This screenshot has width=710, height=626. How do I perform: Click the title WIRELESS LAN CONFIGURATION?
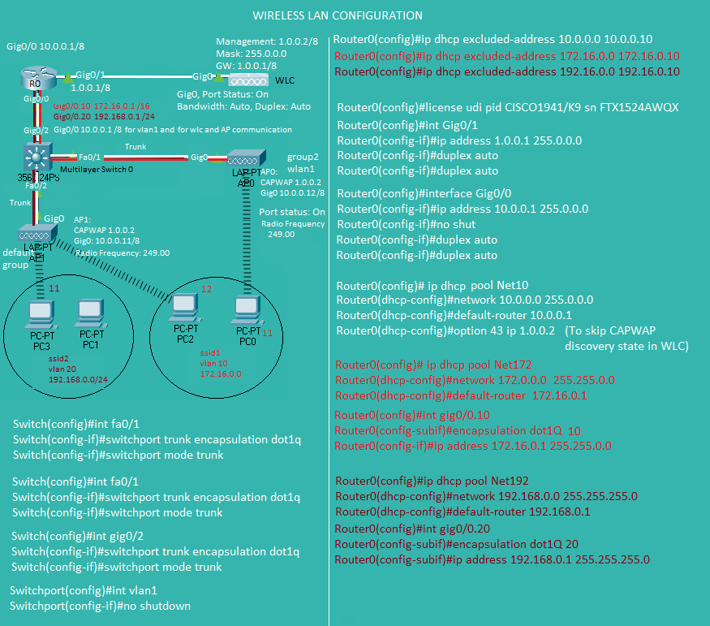[x=337, y=15]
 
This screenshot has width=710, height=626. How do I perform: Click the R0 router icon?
[x=36, y=80]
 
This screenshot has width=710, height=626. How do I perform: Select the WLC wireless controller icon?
[x=247, y=80]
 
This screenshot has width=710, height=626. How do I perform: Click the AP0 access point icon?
[x=243, y=159]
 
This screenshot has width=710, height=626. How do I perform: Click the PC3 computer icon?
[x=40, y=314]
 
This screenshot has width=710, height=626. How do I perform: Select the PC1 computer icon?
[x=90, y=313]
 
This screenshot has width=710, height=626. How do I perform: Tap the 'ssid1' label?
[x=210, y=354]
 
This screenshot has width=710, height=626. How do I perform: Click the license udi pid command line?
[x=507, y=107]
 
